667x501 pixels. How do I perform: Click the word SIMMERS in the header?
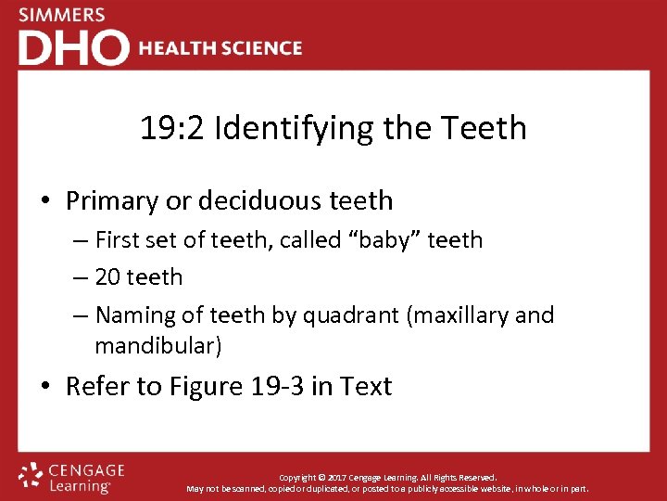click(61, 15)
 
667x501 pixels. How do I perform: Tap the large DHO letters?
click(73, 47)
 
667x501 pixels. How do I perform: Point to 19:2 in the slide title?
click(172, 128)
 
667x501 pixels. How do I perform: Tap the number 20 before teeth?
click(108, 276)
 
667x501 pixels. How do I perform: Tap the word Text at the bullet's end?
click(367, 386)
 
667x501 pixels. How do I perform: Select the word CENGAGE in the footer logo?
click(86, 470)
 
